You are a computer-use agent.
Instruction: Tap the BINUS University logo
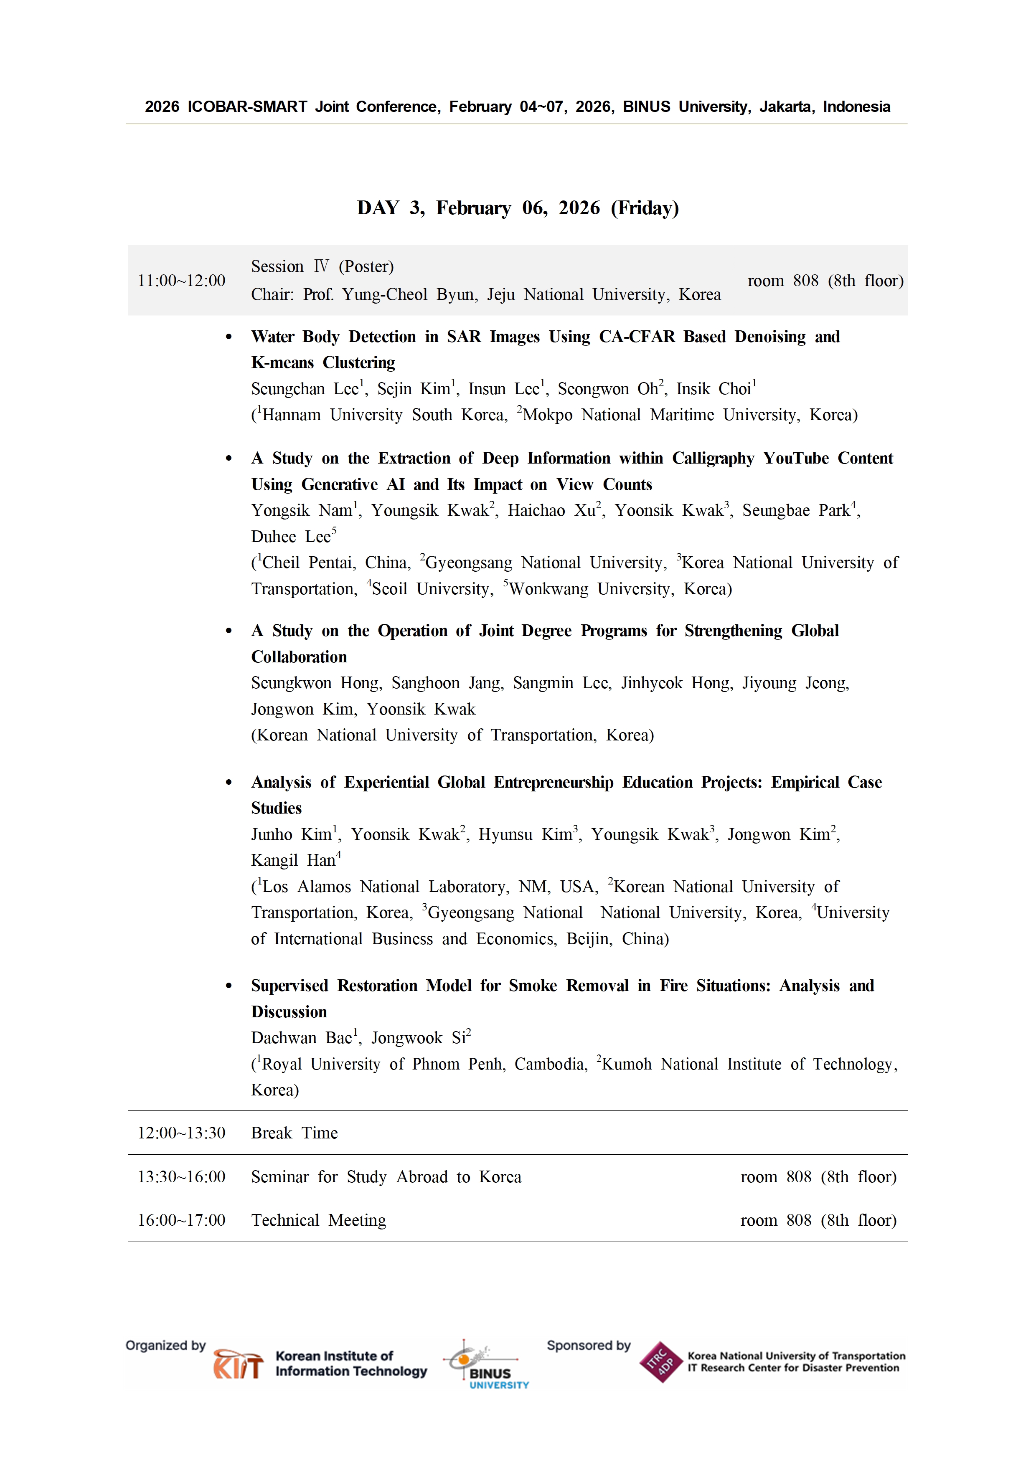[x=489, y=1366]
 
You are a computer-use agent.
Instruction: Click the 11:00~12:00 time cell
[x=181, y=281]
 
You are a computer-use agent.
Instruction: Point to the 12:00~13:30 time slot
[x=181, y=1133]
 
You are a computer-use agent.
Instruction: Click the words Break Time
[x=294, y=1133]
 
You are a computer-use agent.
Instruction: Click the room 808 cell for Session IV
[x=825, y=281]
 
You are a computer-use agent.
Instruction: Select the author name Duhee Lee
[x=290, y=537]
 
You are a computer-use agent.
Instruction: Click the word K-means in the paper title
[x=282, y=362]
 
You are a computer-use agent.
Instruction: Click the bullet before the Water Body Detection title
[x=229, y=337]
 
